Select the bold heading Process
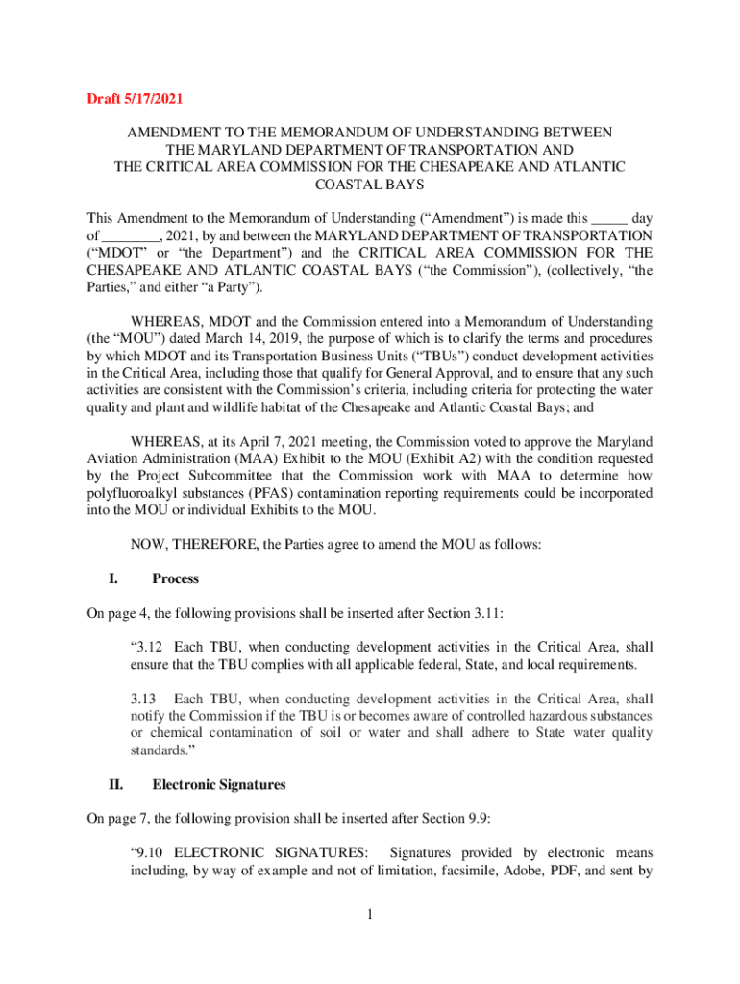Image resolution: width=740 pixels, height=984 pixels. pos(175,578)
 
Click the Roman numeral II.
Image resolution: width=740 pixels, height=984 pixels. pos(114,784)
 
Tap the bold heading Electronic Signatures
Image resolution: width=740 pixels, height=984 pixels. pos(219,784)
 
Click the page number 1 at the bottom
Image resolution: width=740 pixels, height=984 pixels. pos(370,913)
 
